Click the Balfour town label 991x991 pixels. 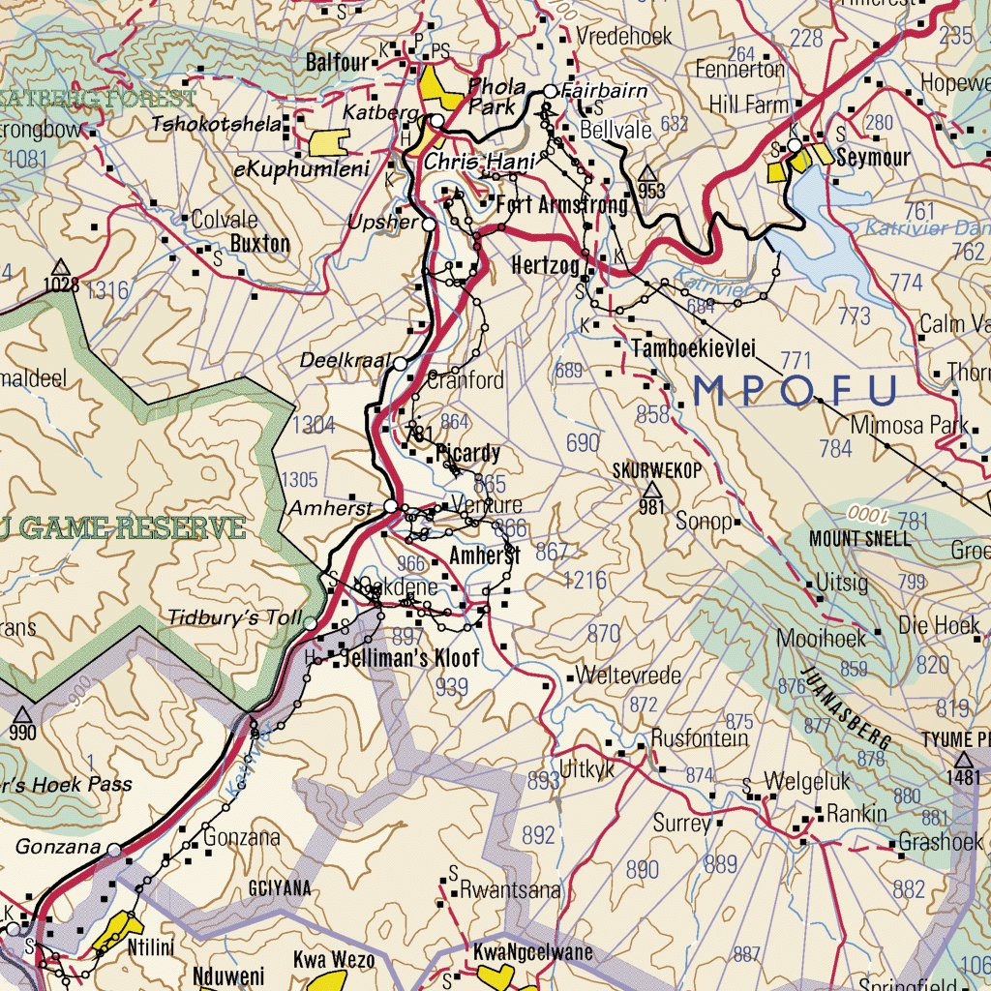[338, 63]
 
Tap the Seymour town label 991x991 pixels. [874, 158]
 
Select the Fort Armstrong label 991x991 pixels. [561, 205]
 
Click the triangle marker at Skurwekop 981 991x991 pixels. [650, 490]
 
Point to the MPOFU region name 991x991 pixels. [796, 391]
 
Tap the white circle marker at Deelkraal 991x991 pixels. [401, 363]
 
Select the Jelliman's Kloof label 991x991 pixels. [411, 660]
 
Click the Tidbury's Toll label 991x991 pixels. [235, 617]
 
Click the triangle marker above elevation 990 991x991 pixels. [22, 714]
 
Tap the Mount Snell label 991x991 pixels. [859, 538]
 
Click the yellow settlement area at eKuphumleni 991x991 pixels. [328, 142]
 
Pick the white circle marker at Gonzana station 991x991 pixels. [114, 850]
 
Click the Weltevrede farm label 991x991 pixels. [628, 676]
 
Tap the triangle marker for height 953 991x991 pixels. [649, 173]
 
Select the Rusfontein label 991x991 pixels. [700, 738]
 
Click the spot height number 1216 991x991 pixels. [586, 580]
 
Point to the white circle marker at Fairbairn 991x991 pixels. [550, 92]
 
